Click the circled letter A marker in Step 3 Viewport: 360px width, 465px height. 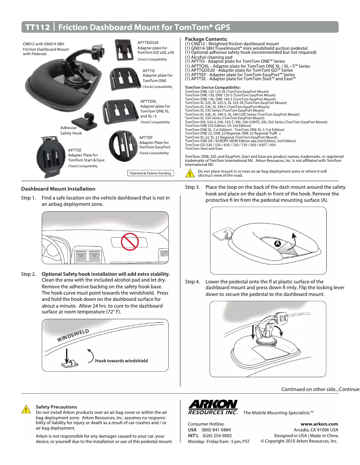[277, 243]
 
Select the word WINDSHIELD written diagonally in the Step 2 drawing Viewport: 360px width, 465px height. [73, 335]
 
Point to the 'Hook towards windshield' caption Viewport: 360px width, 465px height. [121, 360]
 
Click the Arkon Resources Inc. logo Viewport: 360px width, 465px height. [213, 407]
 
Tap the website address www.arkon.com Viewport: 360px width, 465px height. [320, 423]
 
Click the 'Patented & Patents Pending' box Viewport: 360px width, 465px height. [150, 173]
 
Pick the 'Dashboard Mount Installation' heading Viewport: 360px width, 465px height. [58, 189]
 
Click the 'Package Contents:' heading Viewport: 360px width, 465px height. [206, 39]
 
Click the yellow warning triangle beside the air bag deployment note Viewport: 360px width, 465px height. [190, 174]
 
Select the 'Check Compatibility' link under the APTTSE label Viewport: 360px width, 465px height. [83, 166]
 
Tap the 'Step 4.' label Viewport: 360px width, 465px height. [192, 282]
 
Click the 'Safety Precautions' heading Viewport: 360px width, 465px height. [56, 407]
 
